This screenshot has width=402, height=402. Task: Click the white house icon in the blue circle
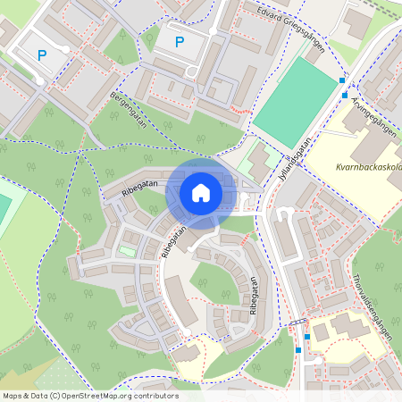click(201, 192)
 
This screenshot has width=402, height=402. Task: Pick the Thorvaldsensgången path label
click(373, 305)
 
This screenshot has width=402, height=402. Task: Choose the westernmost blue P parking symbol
click(41, 54)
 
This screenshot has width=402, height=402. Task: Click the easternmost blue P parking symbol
click(179, 41)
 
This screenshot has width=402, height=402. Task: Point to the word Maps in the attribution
click(13, 396)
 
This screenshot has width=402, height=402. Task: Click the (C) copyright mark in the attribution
click(54, 396)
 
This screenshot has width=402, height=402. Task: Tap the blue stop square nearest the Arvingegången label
click(343, 94)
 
